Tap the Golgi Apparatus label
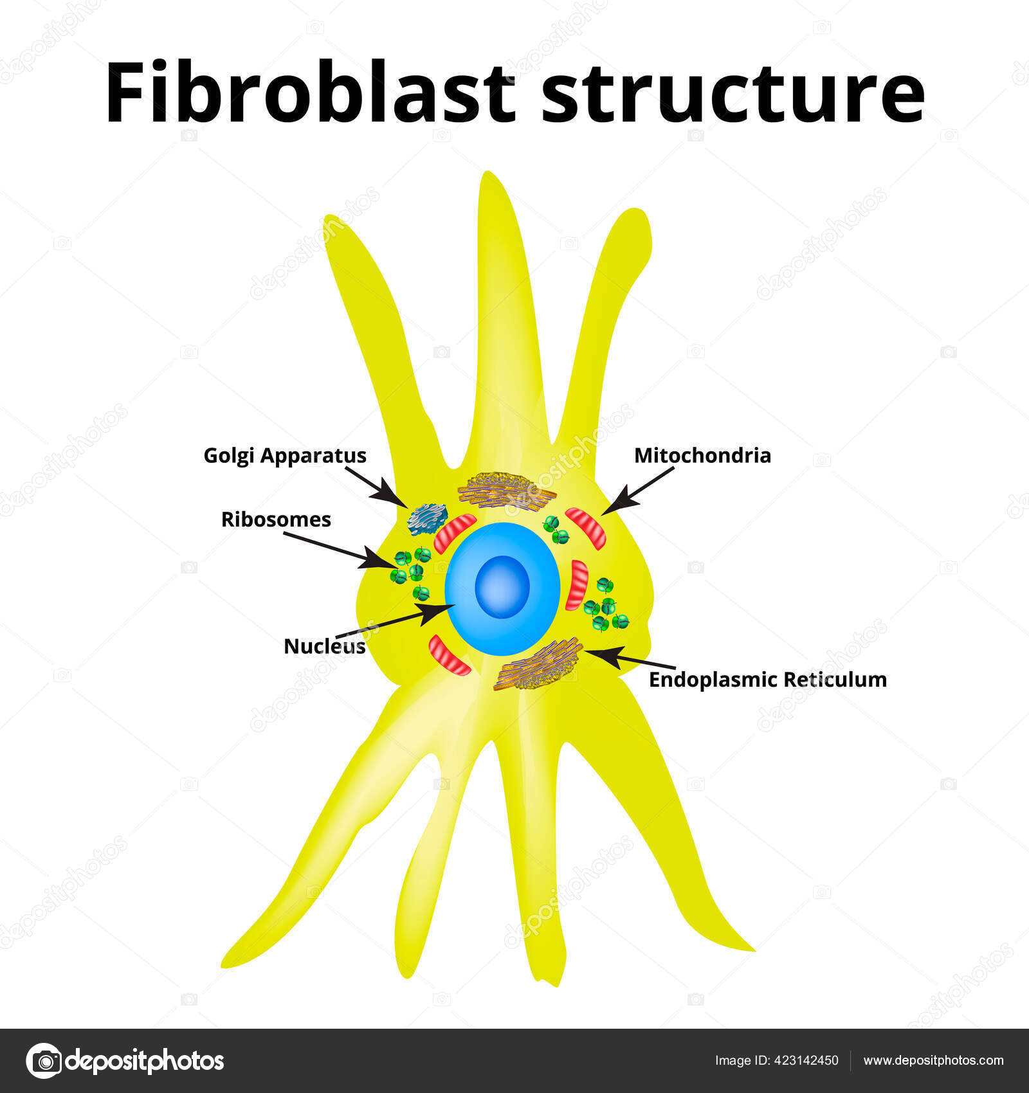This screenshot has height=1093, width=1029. coord(285,455)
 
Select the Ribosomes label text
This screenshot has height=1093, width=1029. coord(276,519)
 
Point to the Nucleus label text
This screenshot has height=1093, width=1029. coord(325,646)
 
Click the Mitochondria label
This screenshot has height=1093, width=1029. coord(702,455)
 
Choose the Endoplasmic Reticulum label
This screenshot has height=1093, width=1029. coord(767,679)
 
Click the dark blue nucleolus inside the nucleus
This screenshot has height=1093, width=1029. coord(502,586)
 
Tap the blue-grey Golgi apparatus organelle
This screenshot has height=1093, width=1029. coord(427,519)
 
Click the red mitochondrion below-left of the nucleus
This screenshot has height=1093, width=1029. coord(450,655)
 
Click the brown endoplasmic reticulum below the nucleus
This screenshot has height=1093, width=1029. coord(539,664)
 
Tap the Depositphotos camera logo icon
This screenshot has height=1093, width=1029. coord(44,1060)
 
